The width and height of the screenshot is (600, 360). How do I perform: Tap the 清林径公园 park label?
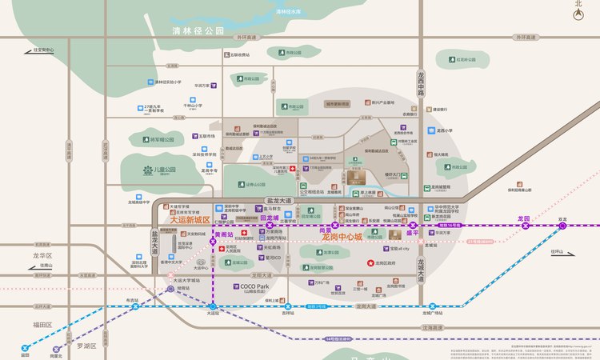coord(199,30)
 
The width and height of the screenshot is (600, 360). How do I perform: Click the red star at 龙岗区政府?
coord(370,263)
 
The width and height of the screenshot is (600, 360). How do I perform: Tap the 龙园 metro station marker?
coord(526,226)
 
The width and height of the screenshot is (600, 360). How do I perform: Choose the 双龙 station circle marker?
coord(563,226)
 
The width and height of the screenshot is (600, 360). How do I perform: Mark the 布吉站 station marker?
coord(131,307)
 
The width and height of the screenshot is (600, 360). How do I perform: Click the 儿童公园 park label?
coord(165,170)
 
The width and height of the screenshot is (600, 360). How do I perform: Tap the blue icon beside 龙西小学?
coord(430,130)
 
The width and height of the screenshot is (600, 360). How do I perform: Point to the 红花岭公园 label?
coord(472,58)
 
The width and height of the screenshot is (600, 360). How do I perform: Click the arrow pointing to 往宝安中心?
coord(27,50)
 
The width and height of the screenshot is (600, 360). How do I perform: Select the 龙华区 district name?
coord(42,255)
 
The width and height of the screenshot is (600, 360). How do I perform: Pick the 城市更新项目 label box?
coord(337,104)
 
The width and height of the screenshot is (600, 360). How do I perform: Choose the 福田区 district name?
coord(42,325)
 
